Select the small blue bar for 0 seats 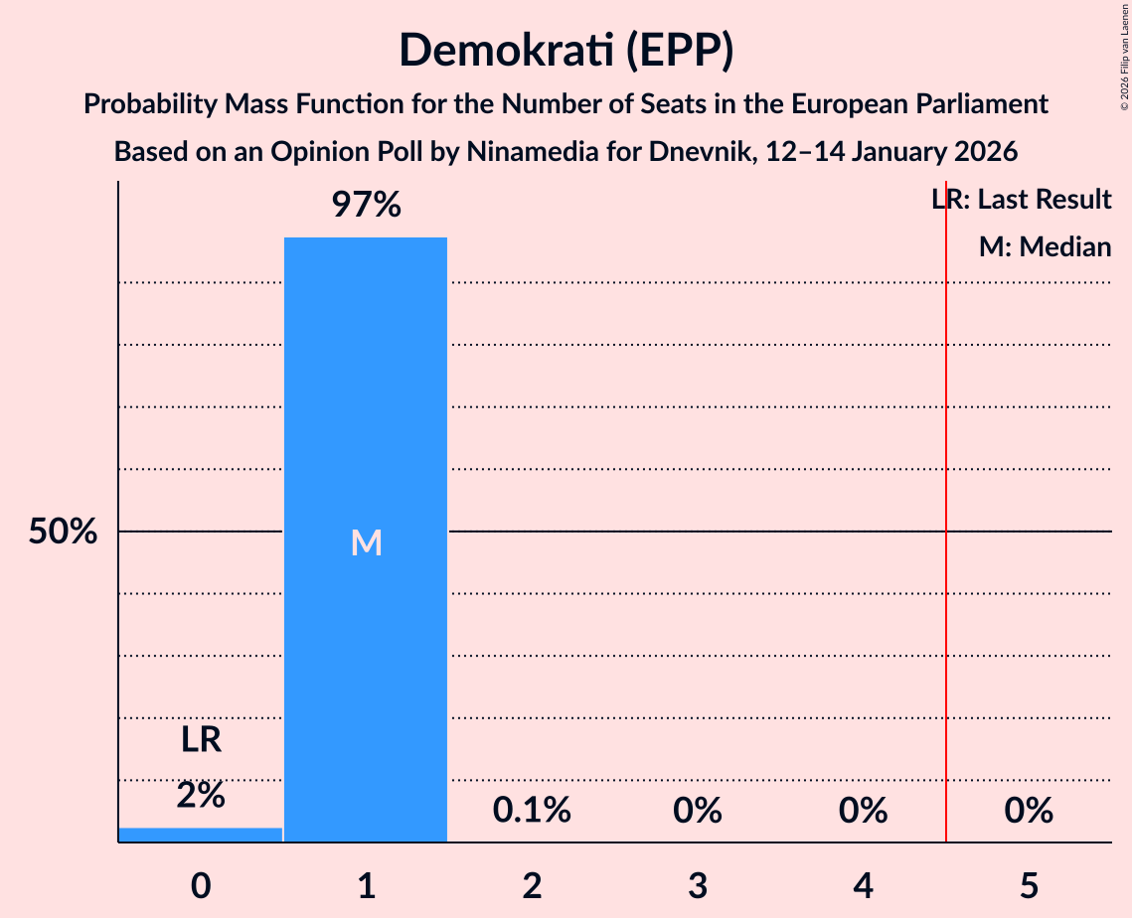201,835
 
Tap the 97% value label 366,206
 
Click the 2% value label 201,795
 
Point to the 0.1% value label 532,811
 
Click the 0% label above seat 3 697,811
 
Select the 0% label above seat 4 863,811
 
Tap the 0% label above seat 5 1028,811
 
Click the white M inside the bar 366,542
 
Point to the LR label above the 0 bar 201,740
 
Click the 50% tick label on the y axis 63,533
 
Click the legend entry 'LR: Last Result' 1022,200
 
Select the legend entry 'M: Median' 1045,246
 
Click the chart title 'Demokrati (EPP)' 566,51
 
